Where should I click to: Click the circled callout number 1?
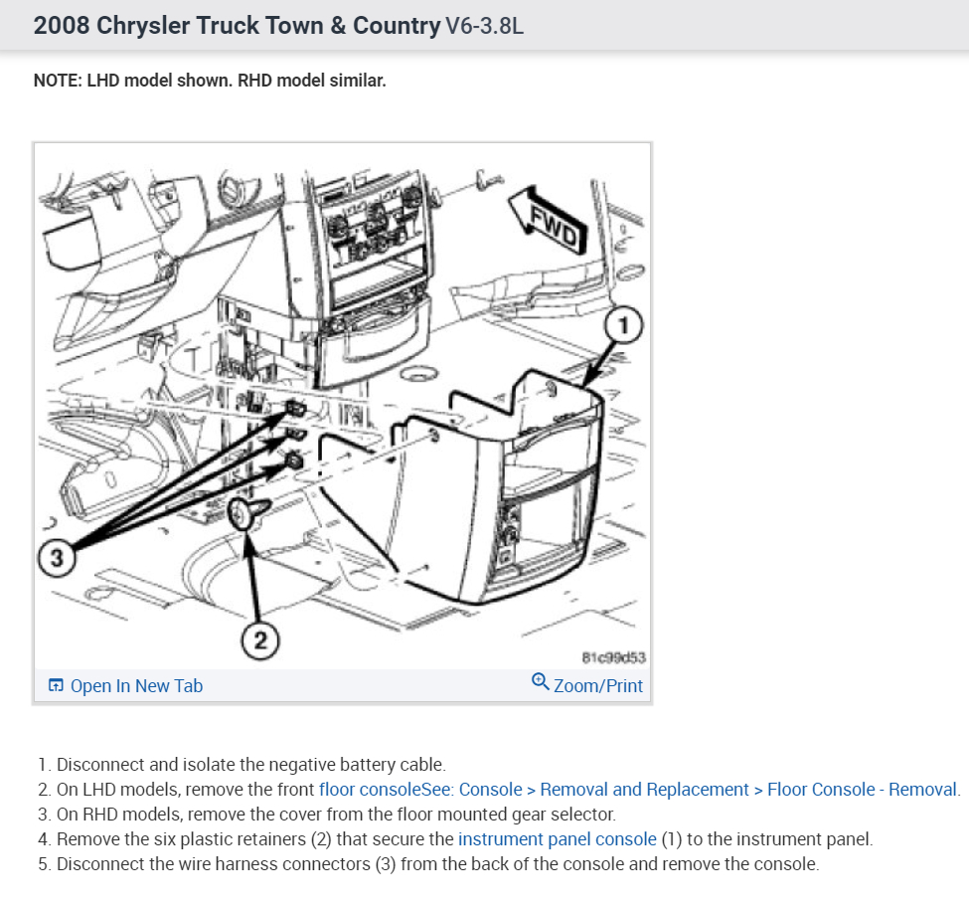[x=623, y=325]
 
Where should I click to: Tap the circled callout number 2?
[x=260, y=639]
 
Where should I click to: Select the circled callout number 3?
[x=57, y=558]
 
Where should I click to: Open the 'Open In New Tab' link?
[x=136, y=685]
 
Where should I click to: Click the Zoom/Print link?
[x=597, y=685]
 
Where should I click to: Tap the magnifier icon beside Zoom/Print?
[x=540, y=681]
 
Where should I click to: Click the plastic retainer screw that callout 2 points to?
[x=245, y=512]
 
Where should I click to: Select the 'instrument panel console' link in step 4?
[x=557, y=839]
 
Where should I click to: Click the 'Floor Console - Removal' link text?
[x=862, y=790]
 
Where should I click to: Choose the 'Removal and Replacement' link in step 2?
[x=644, y=790]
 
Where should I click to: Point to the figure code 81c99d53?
[x=613, y=657]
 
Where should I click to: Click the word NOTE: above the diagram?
[x=58, y=81]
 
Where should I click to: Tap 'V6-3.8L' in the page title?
[x=485, y=26]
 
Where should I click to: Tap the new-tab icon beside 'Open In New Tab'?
[x=56, y=685]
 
